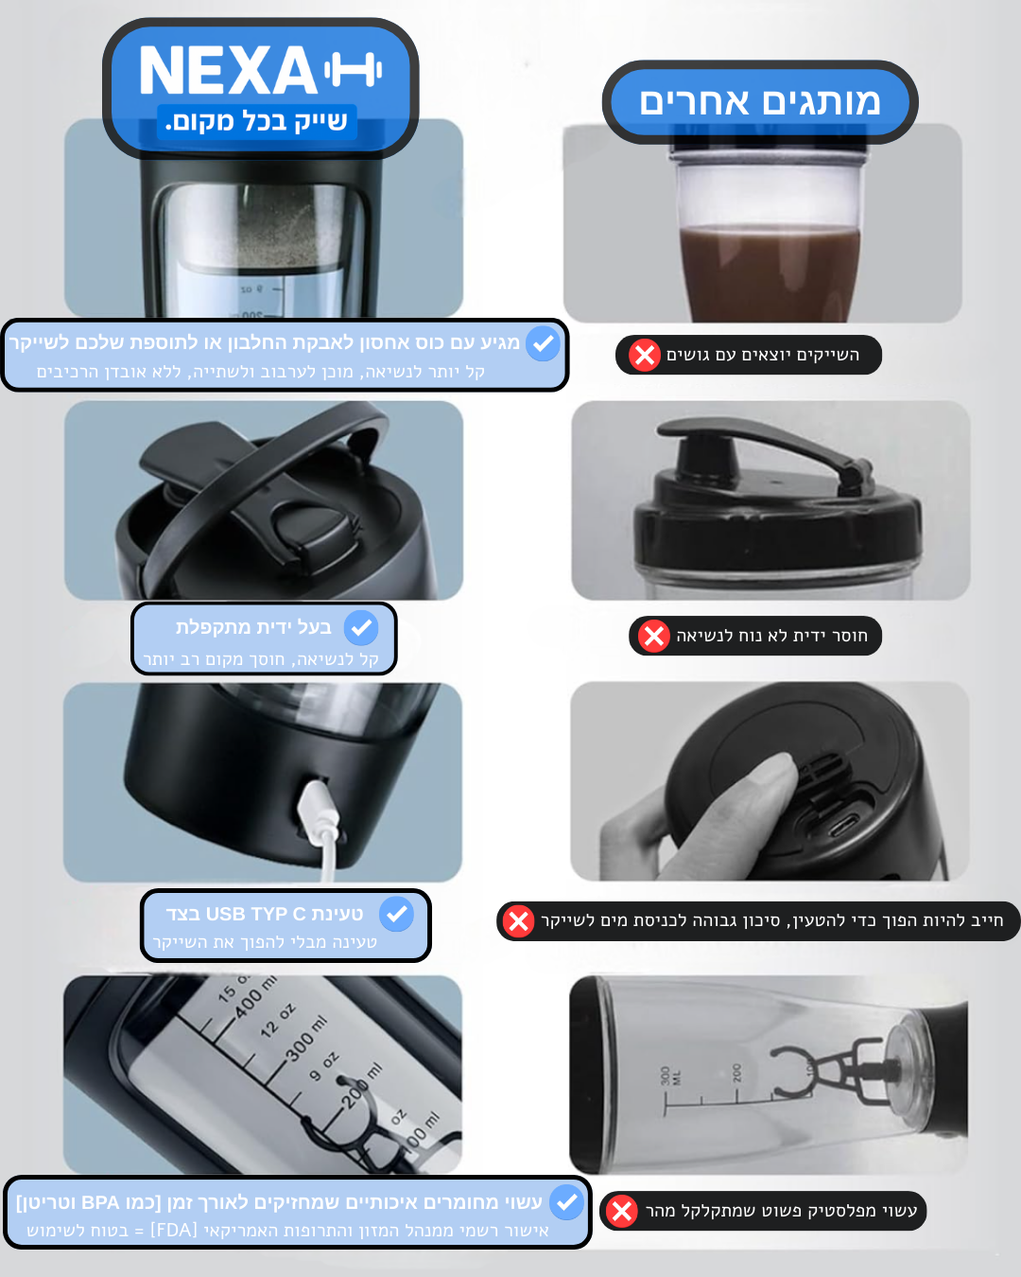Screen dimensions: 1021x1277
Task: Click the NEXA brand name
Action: tap(227, 71)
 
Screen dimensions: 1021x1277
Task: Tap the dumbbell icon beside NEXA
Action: tap(353, 70)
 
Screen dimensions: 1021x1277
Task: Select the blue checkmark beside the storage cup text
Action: tap(543, 343)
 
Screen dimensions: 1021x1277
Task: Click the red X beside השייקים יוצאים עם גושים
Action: tap(645, 355)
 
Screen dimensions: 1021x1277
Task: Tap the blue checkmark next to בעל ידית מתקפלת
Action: tap(361, 627)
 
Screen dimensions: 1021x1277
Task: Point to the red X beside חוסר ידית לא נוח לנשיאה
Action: tap(654, 636)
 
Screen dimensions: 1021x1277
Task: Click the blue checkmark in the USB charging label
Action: tap(396, 914)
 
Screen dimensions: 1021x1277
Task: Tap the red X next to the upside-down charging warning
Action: tap(518, 921)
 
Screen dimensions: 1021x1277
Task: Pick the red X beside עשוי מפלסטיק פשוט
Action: tap(622, 1211)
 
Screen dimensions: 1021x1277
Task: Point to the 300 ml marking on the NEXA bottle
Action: tap(306, 1039)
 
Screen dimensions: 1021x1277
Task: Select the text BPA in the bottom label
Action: tap(100, 1203)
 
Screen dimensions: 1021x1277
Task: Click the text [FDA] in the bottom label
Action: tap(174, 1230)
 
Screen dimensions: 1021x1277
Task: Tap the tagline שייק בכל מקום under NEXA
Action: tap(256, 122)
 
